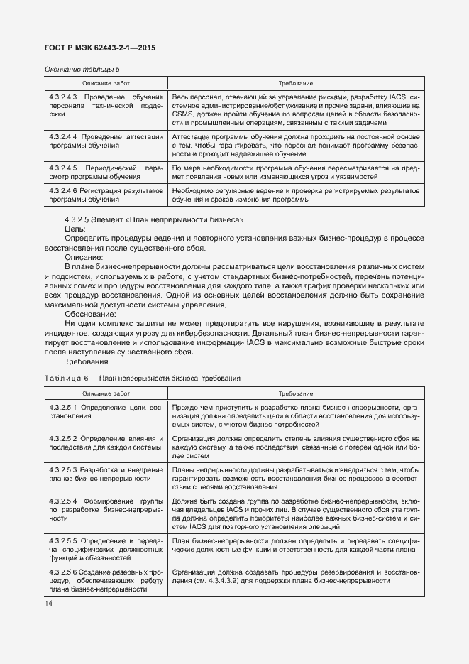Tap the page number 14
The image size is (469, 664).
(x=48, y=604)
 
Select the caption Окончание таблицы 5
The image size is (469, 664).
(x=82, y=69)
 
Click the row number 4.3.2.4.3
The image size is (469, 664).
(x=63, y=96)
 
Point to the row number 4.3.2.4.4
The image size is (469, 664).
(x=63, y=136)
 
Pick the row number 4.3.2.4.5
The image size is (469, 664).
(x=63, y=168)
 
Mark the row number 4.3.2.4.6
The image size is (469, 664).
(x=63, y=192)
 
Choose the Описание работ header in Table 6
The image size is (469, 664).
(x=106, y=393)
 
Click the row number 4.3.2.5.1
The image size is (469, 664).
(x=63, y=407)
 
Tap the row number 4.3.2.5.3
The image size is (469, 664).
(x=63, y=470)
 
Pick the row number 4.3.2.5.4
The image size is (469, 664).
(x=63, y=501)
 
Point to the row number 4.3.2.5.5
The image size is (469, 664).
(x=63, y=541)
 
